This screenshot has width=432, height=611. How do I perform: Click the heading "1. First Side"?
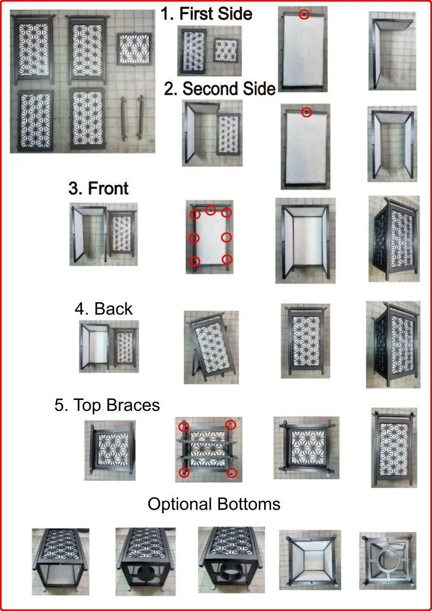(x=206, y=14)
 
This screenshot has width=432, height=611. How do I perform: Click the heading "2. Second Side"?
(x=220, y=89)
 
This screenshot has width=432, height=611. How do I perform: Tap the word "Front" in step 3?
(x=108, y=189)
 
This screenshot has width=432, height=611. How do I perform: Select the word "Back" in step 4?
(x=114, y=309)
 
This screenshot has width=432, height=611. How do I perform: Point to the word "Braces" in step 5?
(x=133, y=405)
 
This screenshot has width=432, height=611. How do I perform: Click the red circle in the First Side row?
(x=304, y=15)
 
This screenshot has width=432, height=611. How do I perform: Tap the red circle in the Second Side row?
(x=306, y=113)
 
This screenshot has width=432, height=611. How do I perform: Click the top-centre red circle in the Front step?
(x=211, y=210)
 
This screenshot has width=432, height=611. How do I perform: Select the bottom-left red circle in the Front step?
(x=195, y=260)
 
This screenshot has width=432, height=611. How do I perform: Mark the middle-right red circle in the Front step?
(x=227, y=237)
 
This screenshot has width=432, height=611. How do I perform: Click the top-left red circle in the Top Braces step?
(x=184, y=427)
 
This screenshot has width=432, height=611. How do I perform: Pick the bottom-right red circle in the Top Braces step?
(x=232, y=473)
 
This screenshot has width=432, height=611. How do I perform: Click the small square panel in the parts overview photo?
(x=135, y=49)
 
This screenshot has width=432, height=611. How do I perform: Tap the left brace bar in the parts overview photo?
(x=124, y=118)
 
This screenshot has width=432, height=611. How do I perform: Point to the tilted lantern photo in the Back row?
(x=211, y=347)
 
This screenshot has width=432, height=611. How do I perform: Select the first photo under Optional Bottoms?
(x=60, y=562)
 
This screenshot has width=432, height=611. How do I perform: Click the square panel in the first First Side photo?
(x=226, y=50)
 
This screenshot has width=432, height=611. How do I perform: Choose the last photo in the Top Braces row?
(x=394, y=448)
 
